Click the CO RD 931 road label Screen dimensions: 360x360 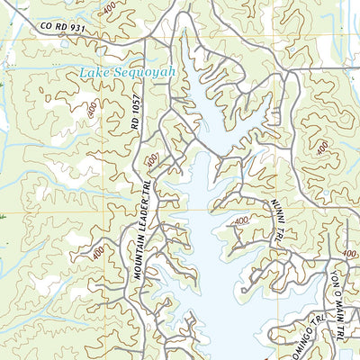pyautogui.click(x=64, y=27)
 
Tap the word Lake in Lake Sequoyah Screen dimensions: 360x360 pyautogui.click(x=95, y=73)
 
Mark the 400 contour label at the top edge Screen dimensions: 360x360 pyautogui.click(x=109, y=9)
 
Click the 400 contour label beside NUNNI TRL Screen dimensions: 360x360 pyautogui.click(x=240, y=222)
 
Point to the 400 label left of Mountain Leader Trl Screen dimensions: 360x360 pyautogui.click(x=97, y=256)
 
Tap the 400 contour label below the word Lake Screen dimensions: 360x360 pyautogui.click(x=93, y=109)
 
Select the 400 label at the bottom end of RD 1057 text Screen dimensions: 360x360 pyautogui.click(x=151, y=159)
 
